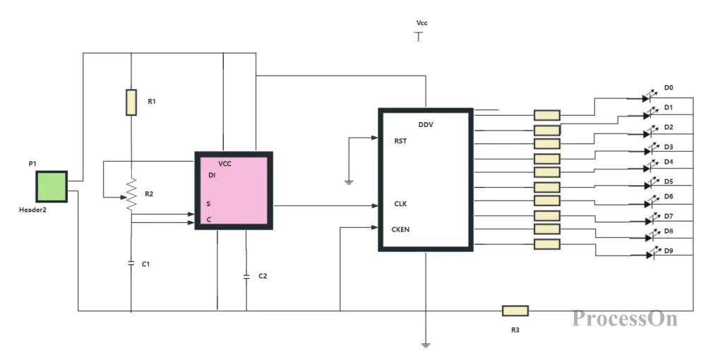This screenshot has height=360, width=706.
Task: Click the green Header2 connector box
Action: pos(52,186)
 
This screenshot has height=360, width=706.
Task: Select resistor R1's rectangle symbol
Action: pos(131,102)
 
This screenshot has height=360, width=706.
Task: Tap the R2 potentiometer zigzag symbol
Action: pos(131,194)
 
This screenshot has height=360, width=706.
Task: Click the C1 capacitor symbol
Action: pos(131,263)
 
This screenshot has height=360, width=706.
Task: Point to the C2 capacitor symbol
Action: pos(246,276)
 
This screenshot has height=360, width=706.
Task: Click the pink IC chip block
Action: pos(234,191)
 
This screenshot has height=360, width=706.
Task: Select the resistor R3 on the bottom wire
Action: pos(515,311)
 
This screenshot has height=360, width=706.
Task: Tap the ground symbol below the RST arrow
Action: pos(349,182)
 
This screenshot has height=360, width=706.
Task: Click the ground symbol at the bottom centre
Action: pos(426,344)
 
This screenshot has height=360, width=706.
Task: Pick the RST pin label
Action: pos(400,140)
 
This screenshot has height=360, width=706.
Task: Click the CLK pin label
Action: pos(400,204)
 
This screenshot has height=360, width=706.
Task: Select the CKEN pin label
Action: pos(400,229)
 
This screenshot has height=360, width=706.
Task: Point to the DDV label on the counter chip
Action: pos(426,125)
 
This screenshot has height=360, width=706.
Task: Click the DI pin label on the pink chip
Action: pos(212,175)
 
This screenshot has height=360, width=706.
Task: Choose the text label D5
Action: pos(669,181)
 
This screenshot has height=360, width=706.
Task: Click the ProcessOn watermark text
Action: pos(625,318)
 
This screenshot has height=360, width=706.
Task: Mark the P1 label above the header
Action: pos(32,164)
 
